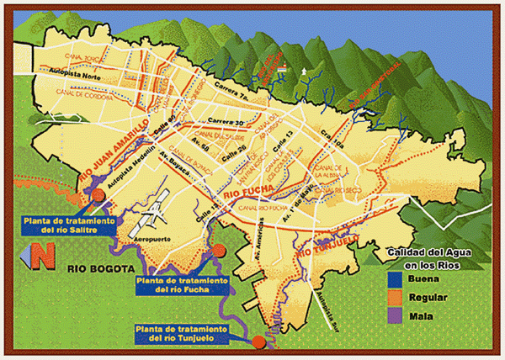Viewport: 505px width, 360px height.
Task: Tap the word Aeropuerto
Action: point(152,240)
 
